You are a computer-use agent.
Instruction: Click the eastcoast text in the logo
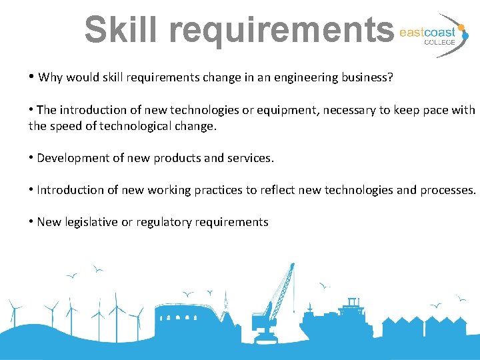click(x=427, y=32)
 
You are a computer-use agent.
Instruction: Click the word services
click(x=250, y=158)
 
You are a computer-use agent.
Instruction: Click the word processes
click(x=447, y=190)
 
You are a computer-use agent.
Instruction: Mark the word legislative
click(x=90, y=222)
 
